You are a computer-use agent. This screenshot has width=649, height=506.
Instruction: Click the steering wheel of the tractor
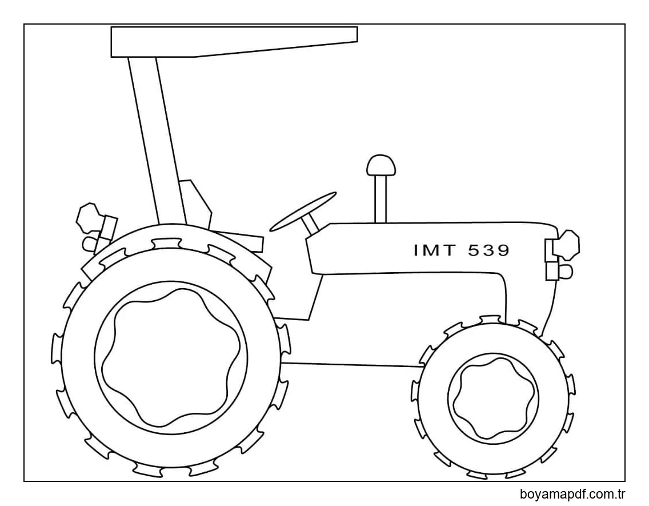[x=303, y=212]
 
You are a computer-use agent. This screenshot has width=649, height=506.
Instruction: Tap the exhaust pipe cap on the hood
[x=381, y=165]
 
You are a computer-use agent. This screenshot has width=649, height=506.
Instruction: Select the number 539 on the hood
[x=488, y=250]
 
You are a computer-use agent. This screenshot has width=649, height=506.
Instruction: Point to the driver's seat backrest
[x=194, y=203]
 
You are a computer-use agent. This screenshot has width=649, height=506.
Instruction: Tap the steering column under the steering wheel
[x=311, y=224]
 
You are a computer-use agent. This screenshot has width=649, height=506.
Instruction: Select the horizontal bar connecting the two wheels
[x=351, y=364]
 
